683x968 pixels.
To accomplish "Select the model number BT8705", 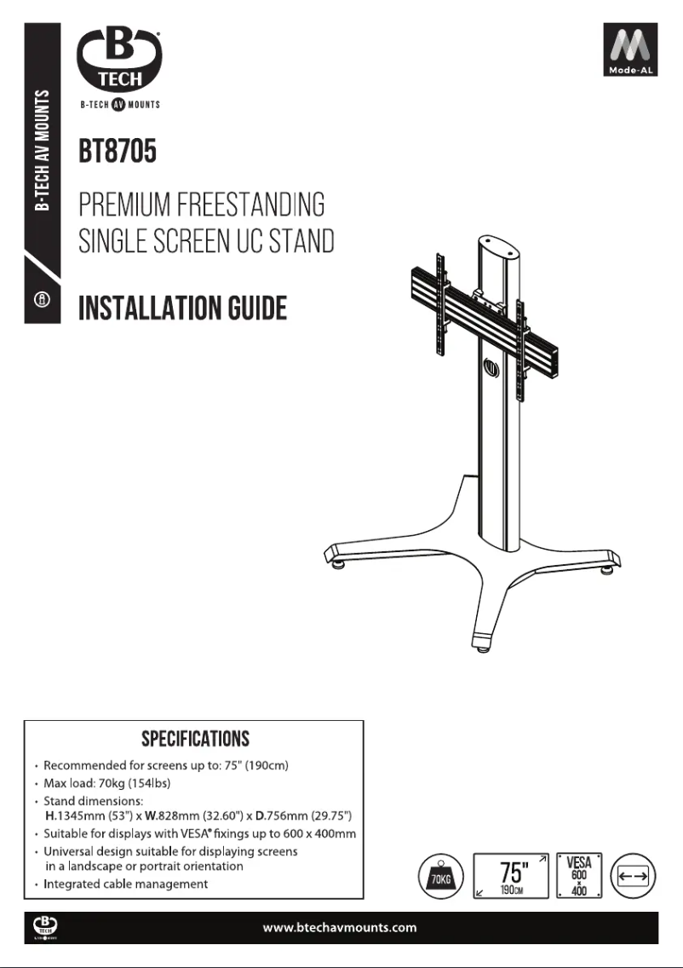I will (x=117, y=155).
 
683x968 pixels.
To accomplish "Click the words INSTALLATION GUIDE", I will (x=182, y=308).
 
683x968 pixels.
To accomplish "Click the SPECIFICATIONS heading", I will (x=195, y=737).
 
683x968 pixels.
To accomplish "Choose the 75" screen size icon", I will (x=509, y=875).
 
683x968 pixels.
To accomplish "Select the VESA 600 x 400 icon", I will (x=579, y=875).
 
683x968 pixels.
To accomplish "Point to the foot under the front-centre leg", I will (x=482, y=647).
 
